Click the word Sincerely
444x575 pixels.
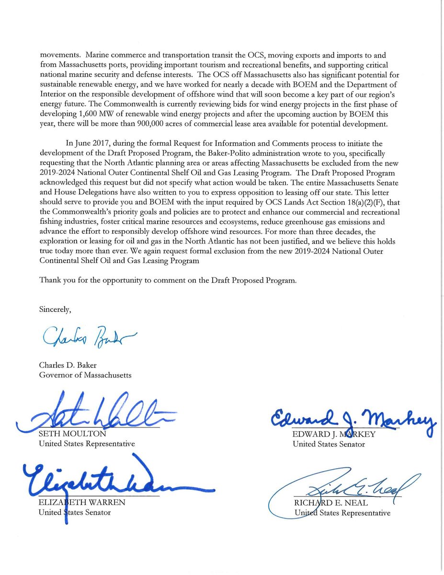pos(55,310)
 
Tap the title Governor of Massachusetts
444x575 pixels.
pos(85,375)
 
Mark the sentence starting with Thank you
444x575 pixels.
pos(168,281)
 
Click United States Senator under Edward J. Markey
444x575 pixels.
pos(329,444)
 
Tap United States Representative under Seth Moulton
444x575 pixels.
pos(87,444)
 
